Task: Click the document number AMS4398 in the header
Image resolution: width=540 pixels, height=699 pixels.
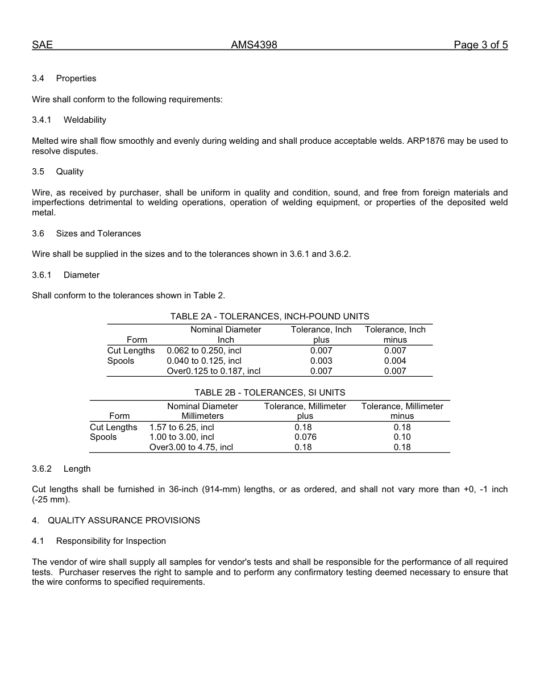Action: pyautogui.click(x=254, y=45)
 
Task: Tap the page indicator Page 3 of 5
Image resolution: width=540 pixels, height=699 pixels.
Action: pyautogui.click(x=480, y=45)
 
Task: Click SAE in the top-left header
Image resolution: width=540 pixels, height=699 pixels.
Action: pyautogui.click(x=42, y=45)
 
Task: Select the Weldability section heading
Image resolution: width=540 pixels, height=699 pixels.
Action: pyautogui.click(x=85, y=120)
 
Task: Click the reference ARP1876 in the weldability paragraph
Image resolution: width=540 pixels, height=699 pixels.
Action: pyautogui.click(x=426, y=141)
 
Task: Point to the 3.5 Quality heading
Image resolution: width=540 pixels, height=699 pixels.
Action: pyautogui.click(x=69, y=172)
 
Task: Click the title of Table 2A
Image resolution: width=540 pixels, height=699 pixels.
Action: pyautogui.click(x=269, y=317)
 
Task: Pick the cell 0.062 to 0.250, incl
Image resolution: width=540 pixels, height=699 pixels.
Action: pyautogui.click(x=203, y=351)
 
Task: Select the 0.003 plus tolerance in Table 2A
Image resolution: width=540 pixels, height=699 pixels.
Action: pyautogui.click(x=321, y=361)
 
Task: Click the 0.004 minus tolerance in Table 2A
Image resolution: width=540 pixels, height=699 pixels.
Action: pyautogui.click(x=395, y=361)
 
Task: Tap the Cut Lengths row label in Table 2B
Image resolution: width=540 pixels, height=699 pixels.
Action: pyautogui.click(x=114, y=427)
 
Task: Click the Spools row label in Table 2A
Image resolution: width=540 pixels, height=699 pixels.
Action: pyautogui.click(x=121, y=361)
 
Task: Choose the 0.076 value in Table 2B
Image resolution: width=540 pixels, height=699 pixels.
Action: pyautogui.click(x=305, y=437)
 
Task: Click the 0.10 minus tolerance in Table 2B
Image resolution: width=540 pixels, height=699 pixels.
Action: pyautogui.click(x=402, y=437)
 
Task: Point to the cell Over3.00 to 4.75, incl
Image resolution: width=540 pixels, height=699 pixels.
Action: pyautogui.click(x=191, y=447)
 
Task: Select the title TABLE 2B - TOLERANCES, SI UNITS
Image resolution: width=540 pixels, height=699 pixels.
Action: pyautogui.click(x=269, y=393)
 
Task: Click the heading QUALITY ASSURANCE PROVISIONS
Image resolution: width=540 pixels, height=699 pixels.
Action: pyautogui.click(x=124, y=521)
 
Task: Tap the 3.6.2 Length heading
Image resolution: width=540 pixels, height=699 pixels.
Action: pyautogui.click(x=77, y=469)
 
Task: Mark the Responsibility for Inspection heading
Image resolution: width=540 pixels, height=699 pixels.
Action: pyautogui.click(x=111, y=541)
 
